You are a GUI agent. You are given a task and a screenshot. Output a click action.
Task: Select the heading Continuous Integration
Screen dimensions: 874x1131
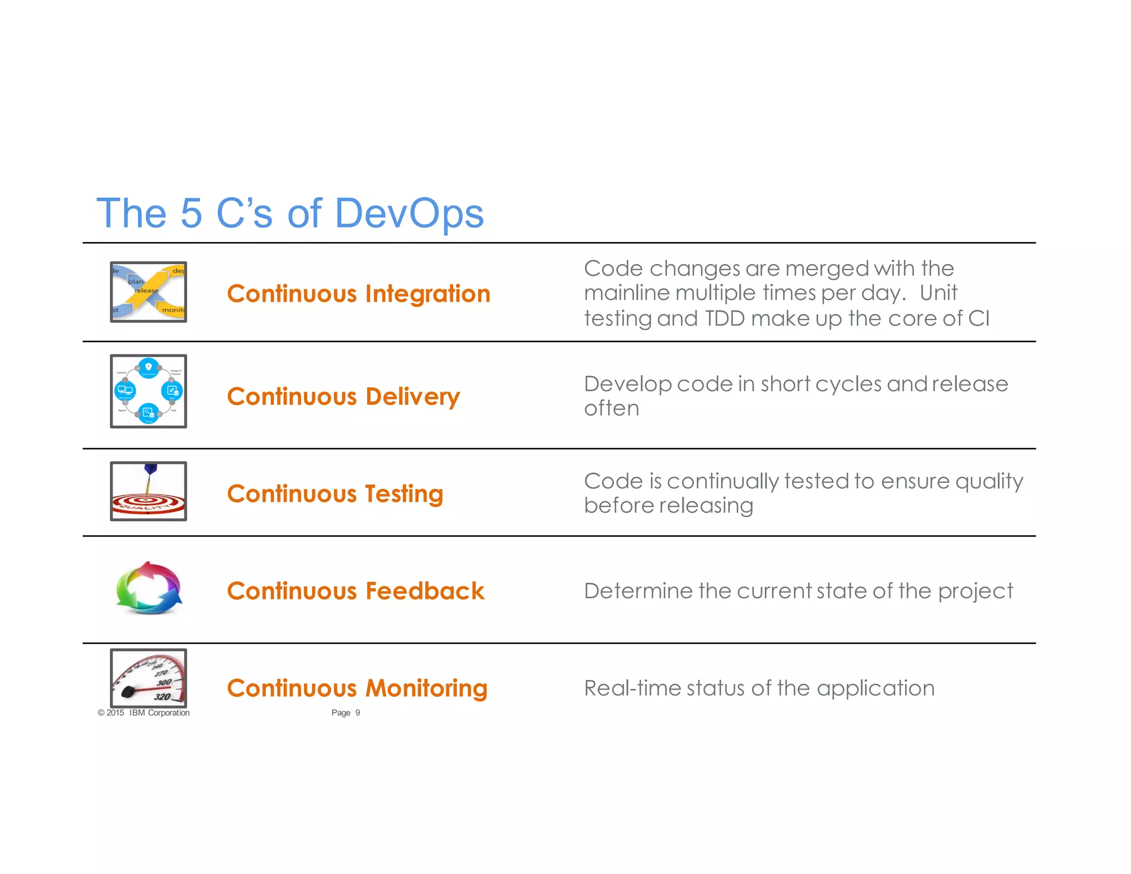click(x=358, y=294)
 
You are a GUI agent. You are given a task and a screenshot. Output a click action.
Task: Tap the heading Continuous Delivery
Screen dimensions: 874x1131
click(x=343, y=397)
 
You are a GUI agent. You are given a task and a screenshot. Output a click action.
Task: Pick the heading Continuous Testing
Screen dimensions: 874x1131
click(x=335, y=494)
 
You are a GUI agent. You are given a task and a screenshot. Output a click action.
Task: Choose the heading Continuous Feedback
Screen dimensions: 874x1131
click(x=356, y=591)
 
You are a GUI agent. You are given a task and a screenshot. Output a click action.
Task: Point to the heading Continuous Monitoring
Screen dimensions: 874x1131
click(x=357, y=688)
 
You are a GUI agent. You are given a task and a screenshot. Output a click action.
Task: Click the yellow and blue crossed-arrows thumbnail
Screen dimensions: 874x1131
click(x=149, y=292)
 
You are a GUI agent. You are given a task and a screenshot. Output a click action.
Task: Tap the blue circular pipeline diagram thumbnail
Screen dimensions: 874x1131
click(x=149, y=391)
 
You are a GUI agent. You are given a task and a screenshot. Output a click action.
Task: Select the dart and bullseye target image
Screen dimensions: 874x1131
click(x=149, y=491)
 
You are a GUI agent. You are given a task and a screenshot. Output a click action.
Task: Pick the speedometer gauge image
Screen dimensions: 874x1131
click(x=149, y=678)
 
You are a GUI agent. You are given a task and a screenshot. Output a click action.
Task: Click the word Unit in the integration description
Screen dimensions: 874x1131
click(x=938, y=293)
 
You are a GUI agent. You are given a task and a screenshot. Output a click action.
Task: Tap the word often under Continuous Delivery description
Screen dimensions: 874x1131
click(x=611, y=409)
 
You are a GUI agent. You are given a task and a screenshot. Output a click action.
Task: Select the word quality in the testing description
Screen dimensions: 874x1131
click(x=989, y=482)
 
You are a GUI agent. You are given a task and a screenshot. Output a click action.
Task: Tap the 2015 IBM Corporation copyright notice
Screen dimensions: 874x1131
click(x=144, y=713)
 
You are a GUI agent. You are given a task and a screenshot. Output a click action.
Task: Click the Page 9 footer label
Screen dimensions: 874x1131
click(x=346, y=713)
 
